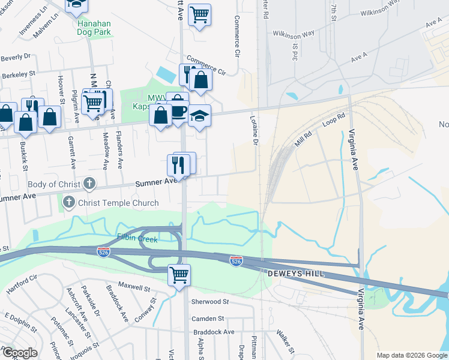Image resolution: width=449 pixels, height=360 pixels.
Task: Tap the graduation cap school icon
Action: coord(199,115)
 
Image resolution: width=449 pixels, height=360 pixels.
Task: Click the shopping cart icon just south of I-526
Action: coord(179,275)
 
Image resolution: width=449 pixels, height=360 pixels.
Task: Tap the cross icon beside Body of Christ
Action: coord(89,182)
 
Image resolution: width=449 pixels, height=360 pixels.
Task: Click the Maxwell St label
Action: coord(133,287)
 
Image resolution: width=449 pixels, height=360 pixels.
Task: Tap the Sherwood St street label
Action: coord(210,302)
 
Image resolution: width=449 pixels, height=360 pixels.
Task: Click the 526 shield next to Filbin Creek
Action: coord(103,252)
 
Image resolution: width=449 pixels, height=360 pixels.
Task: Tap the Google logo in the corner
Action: coord(19,353)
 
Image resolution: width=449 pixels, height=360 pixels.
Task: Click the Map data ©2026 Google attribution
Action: coord(411,355)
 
